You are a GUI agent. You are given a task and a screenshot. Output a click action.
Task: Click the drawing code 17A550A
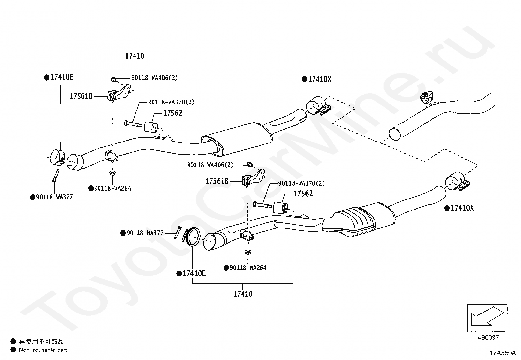coord(502,353)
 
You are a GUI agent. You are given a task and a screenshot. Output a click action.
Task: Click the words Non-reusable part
coord(43,350)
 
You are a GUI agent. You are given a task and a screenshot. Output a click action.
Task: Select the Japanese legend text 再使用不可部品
coord(41,342)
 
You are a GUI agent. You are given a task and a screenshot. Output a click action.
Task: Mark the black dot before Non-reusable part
coord(13,350)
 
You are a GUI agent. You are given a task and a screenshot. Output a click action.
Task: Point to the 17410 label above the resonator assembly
coord(135,56)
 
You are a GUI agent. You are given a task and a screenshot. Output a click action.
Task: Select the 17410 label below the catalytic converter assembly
coord(243,294)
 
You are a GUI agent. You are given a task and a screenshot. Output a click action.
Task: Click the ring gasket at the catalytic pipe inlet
coord(193,237)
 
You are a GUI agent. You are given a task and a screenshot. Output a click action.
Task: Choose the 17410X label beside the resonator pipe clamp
coord(319,79)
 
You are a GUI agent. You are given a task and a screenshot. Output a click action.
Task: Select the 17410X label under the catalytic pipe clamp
coord(462,208)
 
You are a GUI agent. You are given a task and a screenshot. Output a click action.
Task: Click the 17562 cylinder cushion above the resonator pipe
coord(151,126)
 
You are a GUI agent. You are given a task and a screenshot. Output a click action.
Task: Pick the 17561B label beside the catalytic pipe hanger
coord(217,181)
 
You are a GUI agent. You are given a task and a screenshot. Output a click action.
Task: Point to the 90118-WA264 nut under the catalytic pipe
coord(248,252)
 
